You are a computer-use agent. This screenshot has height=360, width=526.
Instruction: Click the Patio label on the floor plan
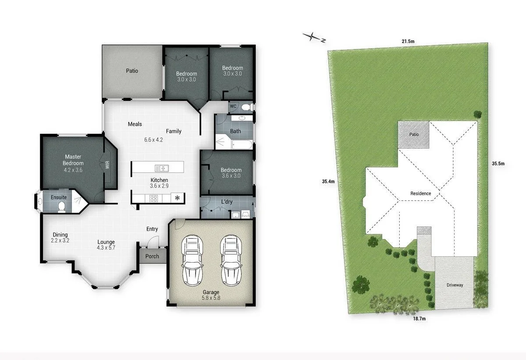pyautogui.click(x=132, y=71)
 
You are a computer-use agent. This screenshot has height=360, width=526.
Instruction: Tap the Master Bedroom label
pyautogui.click(x=73, y=160)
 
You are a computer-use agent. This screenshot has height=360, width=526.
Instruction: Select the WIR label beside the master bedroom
pyautogui.click(x=107, y=165)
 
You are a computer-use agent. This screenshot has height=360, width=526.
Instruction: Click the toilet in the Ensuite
pyautogui.click(x=61, y=207)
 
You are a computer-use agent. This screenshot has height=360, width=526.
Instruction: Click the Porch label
pyautogui.click(x=152, y=256)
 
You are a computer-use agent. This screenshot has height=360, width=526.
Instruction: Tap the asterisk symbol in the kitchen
pyautogui.click(x=177, y=198)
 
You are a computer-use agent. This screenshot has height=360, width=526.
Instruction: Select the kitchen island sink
pyautogui.click(x=162, y=168)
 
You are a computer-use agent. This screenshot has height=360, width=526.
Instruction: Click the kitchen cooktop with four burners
pyautogui.click(x=154, y=198)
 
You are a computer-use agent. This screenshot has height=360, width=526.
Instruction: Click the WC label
pyautogui.click(x=233, y=106)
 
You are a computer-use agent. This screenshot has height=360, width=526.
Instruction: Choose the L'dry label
pyautogui.click(x=227, y=202)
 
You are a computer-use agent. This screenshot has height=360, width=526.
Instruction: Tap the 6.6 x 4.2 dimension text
pyautogui.click(x=153, y=140)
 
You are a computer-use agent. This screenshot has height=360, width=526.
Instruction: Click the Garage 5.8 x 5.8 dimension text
pyautogui.click(x=211, y=298)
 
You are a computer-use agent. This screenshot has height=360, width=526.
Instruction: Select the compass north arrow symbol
pyautogui.click(x=314, y=38)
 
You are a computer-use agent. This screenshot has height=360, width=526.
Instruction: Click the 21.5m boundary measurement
pyautogui.click(x=408, y=41)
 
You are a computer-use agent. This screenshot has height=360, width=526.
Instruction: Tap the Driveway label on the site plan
pyautogui.click(x=455, y=285)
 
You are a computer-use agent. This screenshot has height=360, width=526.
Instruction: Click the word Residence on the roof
pyautogui.click(x=420, y=193)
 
